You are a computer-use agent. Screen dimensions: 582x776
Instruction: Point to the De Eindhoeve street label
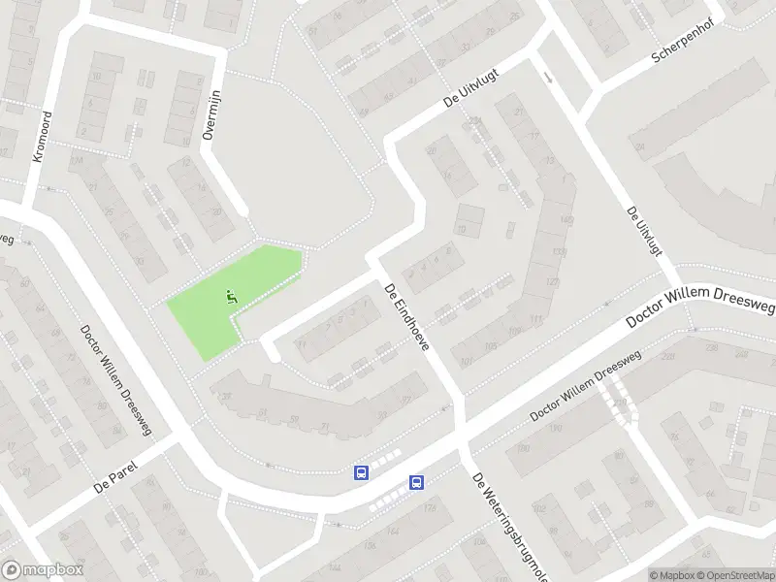[407, 319]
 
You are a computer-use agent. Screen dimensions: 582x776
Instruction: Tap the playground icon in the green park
[231, 297]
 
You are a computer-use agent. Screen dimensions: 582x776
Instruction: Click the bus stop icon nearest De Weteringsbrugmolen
[416, 481]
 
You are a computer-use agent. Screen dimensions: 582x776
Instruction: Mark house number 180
[525, 448]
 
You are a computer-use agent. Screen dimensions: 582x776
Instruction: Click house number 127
[553, 282]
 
